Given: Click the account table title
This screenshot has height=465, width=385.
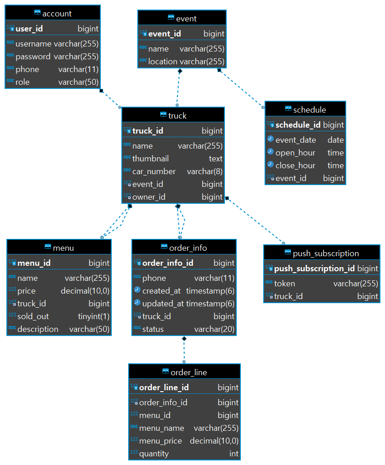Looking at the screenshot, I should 57,14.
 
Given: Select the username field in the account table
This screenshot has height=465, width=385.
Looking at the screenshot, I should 33,44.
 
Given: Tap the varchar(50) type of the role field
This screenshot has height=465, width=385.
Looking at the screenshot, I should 78,82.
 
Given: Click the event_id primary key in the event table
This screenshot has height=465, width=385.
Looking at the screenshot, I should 164,33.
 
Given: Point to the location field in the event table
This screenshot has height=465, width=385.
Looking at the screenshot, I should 162,62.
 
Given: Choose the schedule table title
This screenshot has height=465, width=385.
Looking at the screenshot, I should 309,109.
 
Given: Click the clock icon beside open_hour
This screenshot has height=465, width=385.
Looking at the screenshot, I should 271,152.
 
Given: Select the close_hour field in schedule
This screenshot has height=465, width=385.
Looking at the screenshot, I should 295,165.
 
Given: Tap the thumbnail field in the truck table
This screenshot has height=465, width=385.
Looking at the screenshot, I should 150,158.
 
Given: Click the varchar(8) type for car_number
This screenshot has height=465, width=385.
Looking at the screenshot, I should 204,171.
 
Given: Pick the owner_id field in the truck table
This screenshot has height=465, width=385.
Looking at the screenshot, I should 149,197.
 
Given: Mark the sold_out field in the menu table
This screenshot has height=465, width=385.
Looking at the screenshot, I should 33,316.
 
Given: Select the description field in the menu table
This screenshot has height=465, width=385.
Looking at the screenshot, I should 37,329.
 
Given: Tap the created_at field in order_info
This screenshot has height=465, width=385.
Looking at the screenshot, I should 161,290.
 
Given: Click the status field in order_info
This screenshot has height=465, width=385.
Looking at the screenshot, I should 153,329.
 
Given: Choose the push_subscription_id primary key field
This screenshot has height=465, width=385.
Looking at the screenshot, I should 314,268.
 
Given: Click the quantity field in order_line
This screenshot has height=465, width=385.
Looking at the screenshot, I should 154,453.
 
